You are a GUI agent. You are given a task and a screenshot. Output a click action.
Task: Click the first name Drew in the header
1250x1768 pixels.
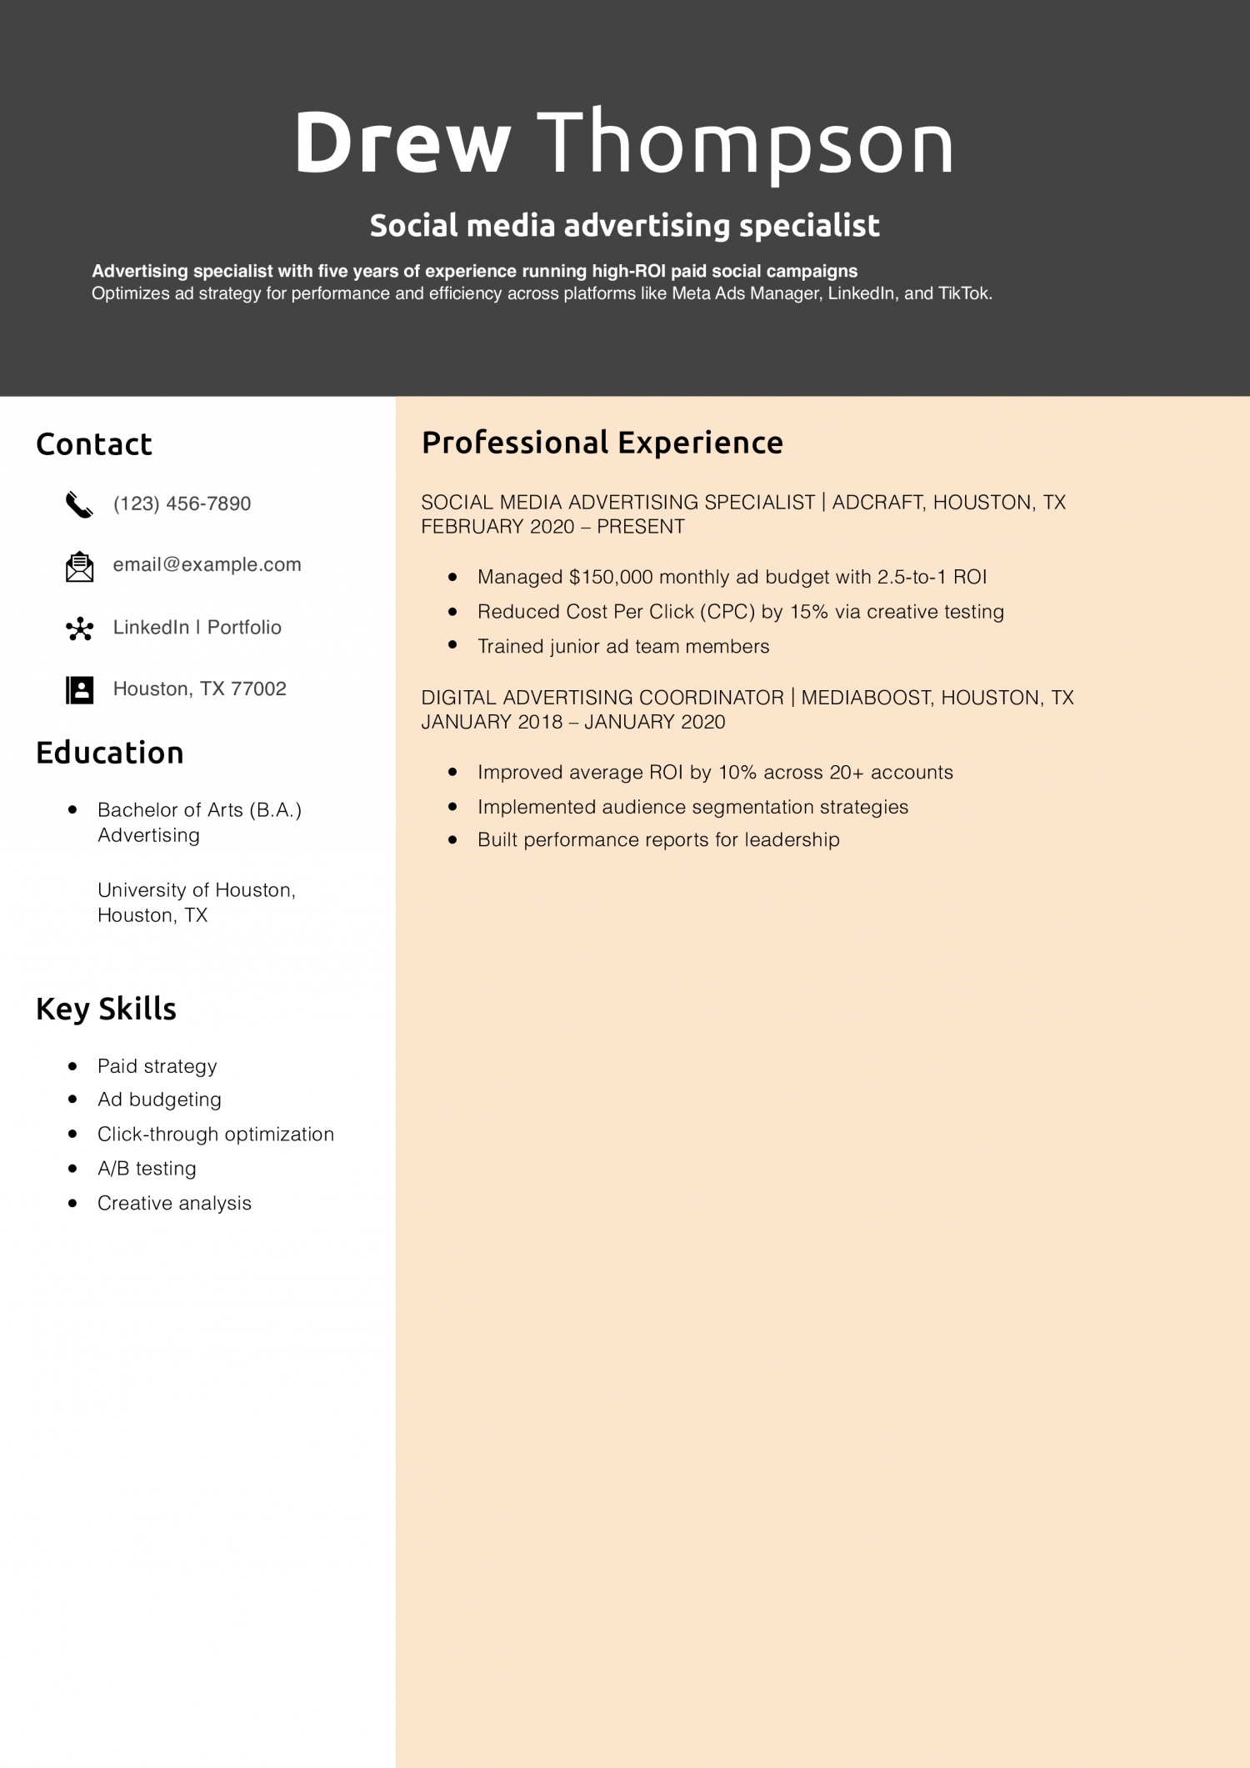tap(402, 143)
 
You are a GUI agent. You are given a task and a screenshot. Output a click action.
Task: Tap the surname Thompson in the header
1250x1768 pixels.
tap(745, 143)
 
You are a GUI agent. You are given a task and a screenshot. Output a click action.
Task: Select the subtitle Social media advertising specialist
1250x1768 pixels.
tap(624, 226)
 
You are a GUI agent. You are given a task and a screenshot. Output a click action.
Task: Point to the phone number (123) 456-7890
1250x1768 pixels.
tap(182, 503)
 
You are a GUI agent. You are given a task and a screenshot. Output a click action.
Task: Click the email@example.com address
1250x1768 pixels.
tap(207, 565)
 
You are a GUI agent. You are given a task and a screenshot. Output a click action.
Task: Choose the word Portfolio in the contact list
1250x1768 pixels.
tap(244, 627)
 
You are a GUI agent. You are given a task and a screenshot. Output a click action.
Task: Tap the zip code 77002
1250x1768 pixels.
tap(258, 689)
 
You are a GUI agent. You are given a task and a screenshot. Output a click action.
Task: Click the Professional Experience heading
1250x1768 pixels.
tap(602, 443)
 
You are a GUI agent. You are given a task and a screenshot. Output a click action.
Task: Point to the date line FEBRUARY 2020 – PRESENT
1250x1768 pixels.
tap(552, 527)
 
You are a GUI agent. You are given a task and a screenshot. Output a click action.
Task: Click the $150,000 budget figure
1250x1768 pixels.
tap(611, 577)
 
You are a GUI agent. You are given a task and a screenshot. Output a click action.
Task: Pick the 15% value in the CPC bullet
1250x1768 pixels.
tap(808, 612)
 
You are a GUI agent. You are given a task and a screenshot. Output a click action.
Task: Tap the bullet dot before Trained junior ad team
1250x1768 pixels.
tap(452, 645)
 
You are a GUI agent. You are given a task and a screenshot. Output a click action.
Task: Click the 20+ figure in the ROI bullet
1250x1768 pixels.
tap(846, 772)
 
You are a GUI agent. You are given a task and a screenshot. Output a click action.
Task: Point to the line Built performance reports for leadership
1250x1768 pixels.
tap(658, 839)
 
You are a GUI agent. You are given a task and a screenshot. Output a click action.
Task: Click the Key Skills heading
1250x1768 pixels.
tap(106, 1009)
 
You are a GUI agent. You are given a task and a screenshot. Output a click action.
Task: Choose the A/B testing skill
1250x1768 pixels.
tap(147, 1169)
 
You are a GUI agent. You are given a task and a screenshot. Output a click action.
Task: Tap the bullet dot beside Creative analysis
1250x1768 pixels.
tap(72, 1203)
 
